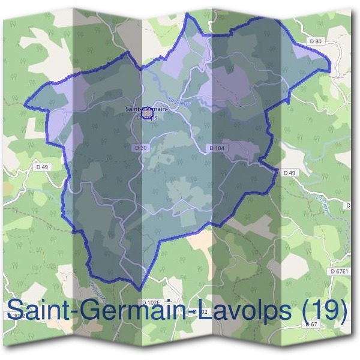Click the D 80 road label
coord(316,41)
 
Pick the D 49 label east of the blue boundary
coord(290,173)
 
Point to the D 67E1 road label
coord(339,271)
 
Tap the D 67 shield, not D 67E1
coord(311,324)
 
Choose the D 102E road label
coord(152,302)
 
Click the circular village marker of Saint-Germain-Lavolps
coord(146,111)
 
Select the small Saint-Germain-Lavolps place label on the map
coord(146,113)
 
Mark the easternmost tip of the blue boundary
coord(330,70)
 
